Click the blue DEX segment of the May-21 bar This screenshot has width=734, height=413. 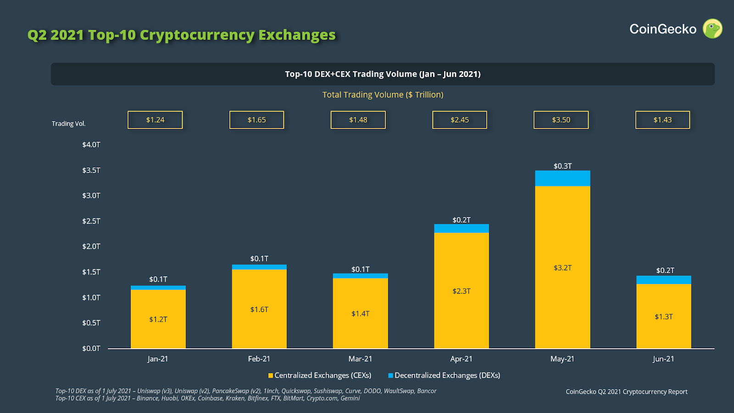tap(562, 178)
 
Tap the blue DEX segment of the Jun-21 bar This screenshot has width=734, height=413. tap(663, 280)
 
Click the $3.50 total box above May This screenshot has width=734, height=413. tap(561, 120)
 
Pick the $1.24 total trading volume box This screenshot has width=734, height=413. tap(155, 120)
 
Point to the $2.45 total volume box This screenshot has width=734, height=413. tap(459, 120)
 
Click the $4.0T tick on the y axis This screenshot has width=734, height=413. tap(91, 145)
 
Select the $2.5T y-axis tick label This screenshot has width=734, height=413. tap(91, 221)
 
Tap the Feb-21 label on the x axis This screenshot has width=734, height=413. tap(259, 359)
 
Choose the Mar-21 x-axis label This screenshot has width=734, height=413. tap(360, 359)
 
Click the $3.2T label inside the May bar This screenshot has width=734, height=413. tap(562, 268)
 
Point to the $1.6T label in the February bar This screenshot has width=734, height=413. tap(259, 310)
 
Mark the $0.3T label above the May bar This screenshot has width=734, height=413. tap(562, 166)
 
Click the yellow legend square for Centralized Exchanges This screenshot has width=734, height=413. tap(271, 375)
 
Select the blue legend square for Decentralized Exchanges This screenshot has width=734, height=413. tap(390, 375)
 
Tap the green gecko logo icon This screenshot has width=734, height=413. tap(712, 29)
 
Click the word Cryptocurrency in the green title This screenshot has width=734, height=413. tap(197, 35)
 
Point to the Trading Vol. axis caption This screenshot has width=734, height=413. tap(69, 124)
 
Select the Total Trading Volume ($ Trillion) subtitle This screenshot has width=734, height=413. tap(383, 95)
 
